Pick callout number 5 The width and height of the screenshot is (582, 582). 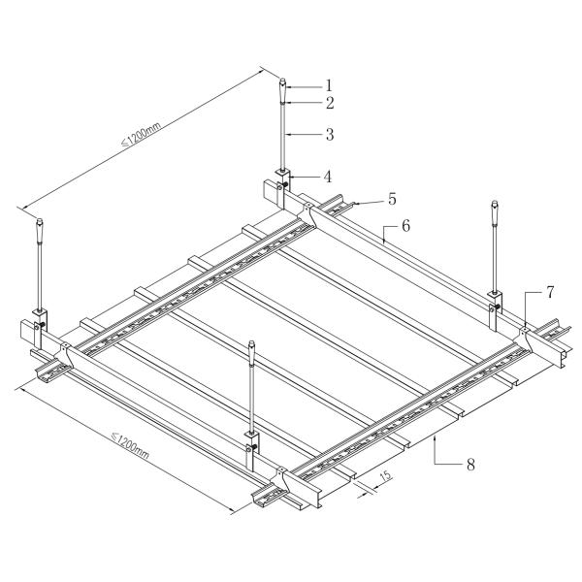[392, 199]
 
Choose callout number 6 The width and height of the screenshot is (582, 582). [405, 225]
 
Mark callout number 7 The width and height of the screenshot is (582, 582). [549, 291]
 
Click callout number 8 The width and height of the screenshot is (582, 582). [470, 465]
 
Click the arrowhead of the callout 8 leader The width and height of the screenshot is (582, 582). [437, 439]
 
